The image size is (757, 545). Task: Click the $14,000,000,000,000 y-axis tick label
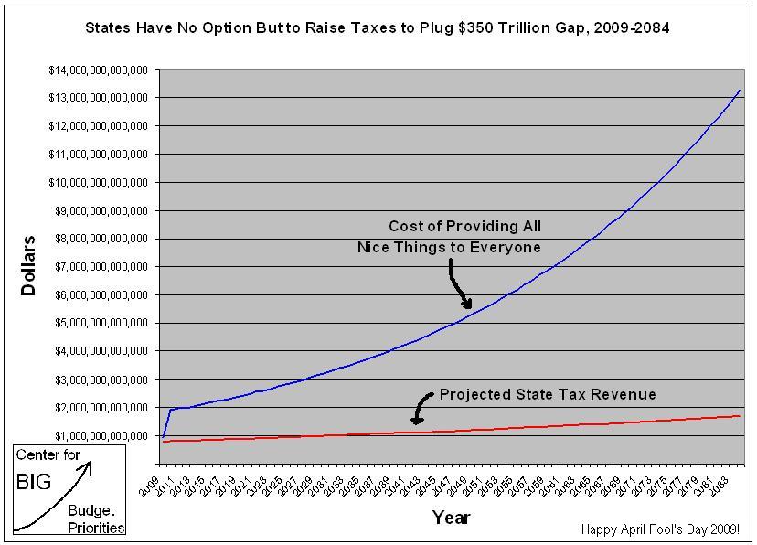click(98, 69)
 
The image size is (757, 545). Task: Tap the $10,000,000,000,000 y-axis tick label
click(98, 183)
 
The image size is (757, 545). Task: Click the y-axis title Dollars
click(29, 266)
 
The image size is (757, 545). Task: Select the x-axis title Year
click(451, 518)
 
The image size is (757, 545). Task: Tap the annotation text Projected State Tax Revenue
click(548, 395)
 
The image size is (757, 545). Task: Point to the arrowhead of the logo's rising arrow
click(89, 465)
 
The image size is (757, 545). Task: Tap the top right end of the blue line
click(740, 91)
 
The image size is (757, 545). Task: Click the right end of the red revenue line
click(740, 416)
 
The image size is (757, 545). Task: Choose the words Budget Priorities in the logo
click(95, 518)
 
